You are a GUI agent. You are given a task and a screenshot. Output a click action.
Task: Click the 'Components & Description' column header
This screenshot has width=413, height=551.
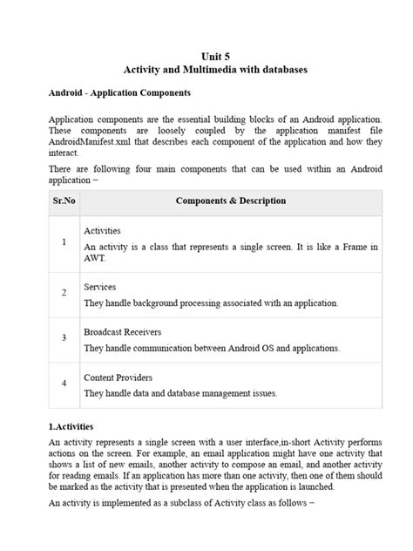tap(230, 201)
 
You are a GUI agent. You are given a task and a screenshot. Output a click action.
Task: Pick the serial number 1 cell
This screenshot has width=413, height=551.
tap(64, 241)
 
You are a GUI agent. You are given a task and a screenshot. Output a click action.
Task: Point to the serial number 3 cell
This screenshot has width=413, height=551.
tap(64, 337)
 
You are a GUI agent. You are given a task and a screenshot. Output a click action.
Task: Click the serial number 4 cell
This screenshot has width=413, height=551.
tap(64, 383)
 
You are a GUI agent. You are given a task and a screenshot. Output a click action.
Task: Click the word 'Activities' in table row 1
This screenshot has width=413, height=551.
tap(103, 231)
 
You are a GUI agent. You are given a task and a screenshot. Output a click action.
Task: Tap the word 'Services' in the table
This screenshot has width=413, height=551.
tap(99, 286)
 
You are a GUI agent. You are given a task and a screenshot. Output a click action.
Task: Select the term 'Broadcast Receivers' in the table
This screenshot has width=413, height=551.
tap(122, 332)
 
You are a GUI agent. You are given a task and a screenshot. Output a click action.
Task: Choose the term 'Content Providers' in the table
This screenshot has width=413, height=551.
tap(118, 378)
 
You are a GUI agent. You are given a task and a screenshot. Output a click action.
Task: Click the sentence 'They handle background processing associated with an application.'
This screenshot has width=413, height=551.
tap(211, 303)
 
